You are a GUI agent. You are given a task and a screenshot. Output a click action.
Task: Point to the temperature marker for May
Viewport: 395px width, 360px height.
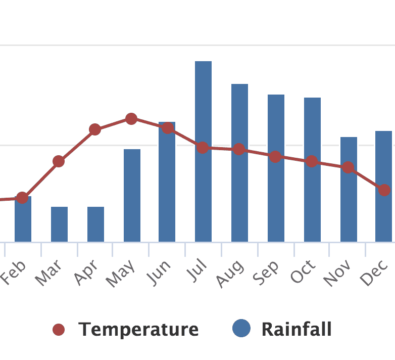pos(131,119)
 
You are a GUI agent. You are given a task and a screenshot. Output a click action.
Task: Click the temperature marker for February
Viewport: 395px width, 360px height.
pos(22,197)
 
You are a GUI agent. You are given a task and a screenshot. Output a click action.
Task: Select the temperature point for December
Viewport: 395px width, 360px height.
pos(384,190)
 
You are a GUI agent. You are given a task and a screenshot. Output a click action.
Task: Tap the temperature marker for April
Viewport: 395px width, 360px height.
pos(95,129)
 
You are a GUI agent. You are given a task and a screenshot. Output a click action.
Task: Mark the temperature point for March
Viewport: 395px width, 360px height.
pos(59,162)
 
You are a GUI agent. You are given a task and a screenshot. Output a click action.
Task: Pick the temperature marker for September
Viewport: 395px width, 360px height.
pos(275,156)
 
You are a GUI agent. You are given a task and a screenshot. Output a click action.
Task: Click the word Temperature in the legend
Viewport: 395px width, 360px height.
pos(138,330)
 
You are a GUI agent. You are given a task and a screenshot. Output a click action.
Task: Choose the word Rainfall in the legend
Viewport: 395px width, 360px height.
pos(297,330)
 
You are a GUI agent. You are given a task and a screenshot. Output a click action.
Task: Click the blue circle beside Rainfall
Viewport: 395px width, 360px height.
pos(241,329)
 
